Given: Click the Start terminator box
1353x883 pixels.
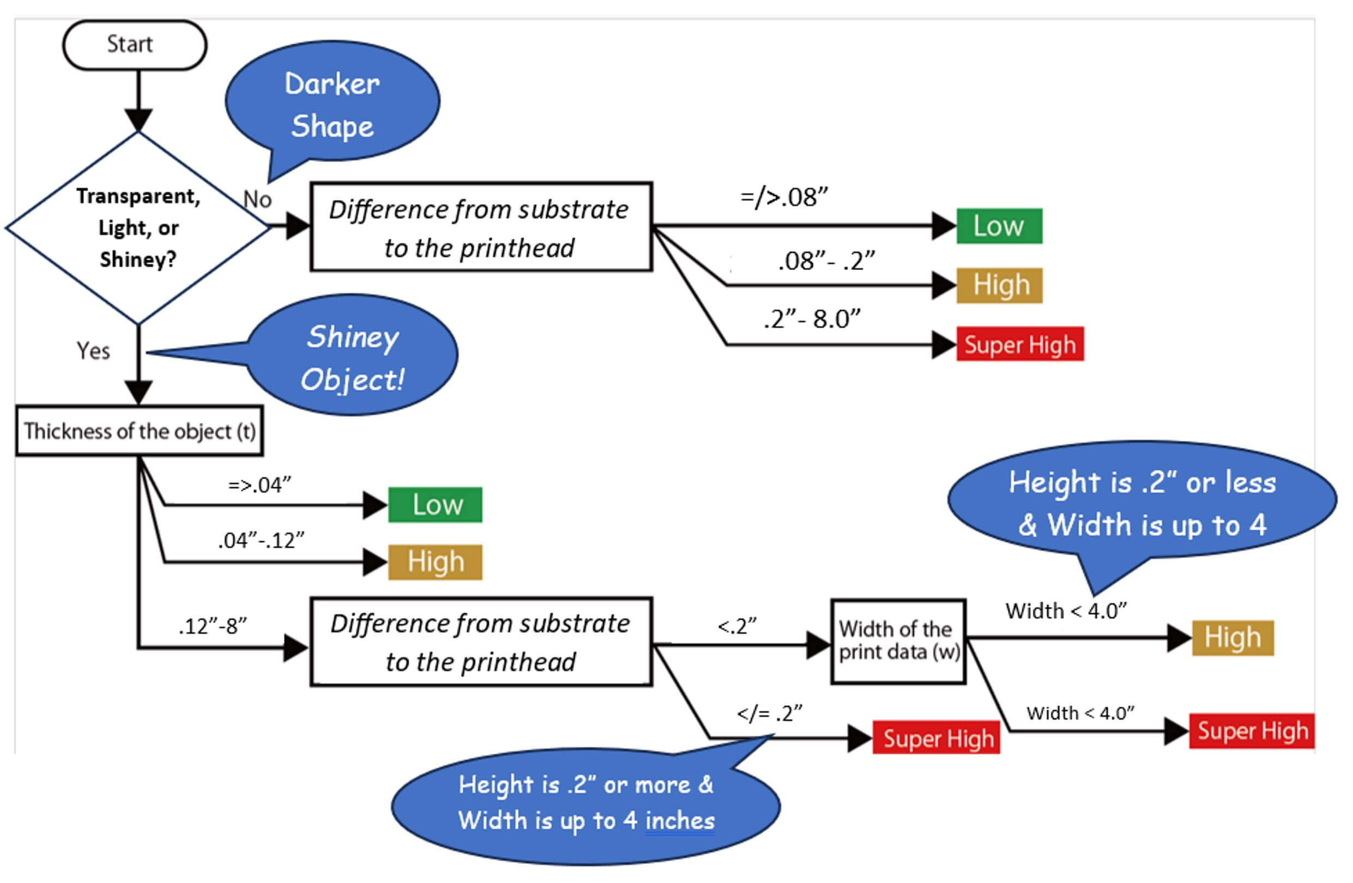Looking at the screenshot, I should click(x=134, y=45).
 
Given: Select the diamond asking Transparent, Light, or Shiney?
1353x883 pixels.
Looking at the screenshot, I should click(x=138, y=227).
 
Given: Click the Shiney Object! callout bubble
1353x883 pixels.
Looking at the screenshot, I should click(x=353, y=356).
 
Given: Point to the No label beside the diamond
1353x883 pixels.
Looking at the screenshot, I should click(x=257, y=199).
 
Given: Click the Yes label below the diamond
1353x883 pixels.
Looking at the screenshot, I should click(x=93, y=351).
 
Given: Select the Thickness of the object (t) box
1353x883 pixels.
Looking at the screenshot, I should click(x=140, y=431).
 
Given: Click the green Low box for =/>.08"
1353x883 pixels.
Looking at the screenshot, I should click(x=999, y=226).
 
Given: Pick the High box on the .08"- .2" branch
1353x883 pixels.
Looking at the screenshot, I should click(x=999, y=285).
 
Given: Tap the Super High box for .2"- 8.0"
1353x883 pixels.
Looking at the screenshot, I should click(x=1019, y=344).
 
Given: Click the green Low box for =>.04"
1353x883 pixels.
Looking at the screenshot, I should click(x=435, y=504).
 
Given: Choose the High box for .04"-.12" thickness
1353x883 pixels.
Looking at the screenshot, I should click(x=435, y=562).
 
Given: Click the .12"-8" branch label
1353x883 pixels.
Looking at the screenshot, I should click(x=213, y=626).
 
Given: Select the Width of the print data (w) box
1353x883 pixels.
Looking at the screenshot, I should click(x=898, y=641).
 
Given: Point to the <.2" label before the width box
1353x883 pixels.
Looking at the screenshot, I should click(x=737, y=626).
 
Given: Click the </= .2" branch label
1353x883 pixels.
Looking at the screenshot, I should click(x=769, y=712).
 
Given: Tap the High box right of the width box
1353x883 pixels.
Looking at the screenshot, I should click(x=1232, y=637).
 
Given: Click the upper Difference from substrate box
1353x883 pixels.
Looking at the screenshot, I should click(x=480, y=227).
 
